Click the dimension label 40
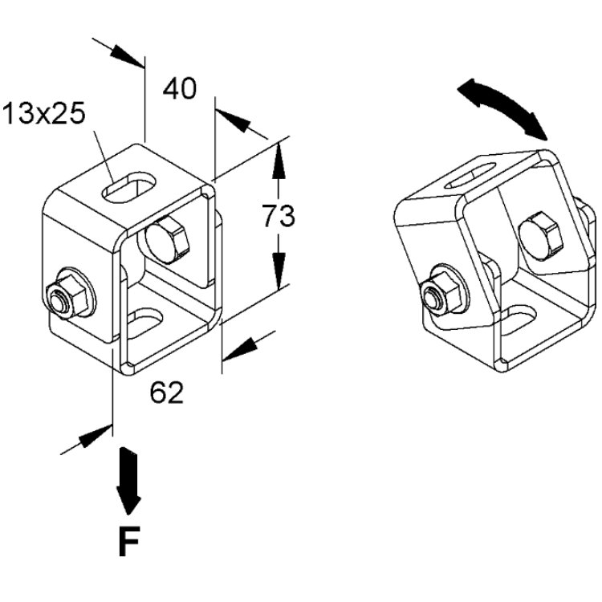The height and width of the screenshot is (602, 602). pos(180,88)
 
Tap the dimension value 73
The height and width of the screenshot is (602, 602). pos(279,215)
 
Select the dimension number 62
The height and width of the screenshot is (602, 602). pos(167,392)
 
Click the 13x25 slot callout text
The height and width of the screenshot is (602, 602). pos(43,114)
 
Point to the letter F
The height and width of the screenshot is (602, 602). pos(129,541)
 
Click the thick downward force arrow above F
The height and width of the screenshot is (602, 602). pos(128,481)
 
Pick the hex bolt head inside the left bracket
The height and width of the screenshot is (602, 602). pos(168,239)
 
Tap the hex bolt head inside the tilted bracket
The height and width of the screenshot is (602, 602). pos(540,237)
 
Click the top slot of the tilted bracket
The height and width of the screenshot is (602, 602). pos(470,175)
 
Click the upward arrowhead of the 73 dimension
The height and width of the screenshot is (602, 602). pos(279,161)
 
